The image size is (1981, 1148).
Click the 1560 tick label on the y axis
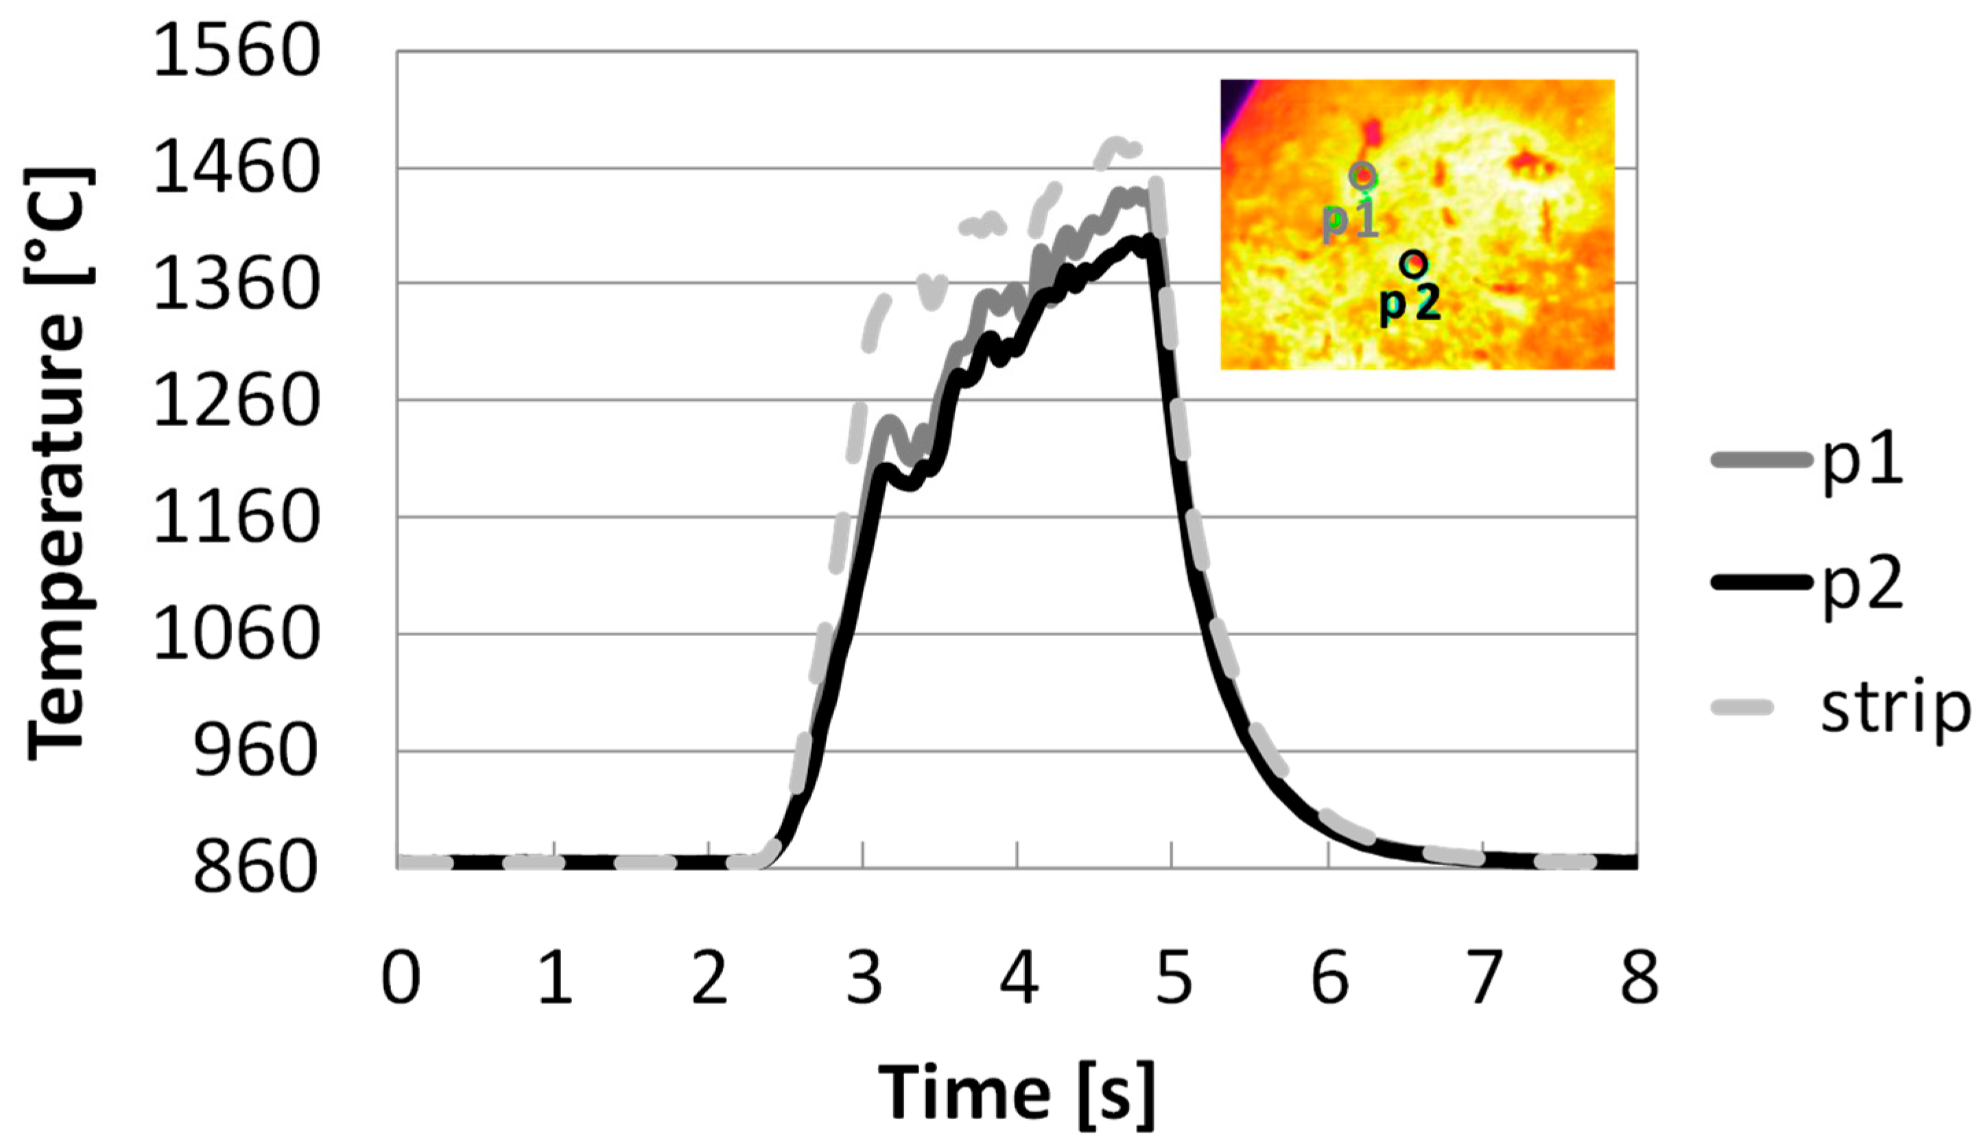pyautogui.click(x=236, y=53)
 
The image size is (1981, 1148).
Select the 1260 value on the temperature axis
pyautogui.click(x=236, y=402)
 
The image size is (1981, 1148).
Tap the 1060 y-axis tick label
pyautogui.click(x=236, y=635)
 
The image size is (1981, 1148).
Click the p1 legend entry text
pyautogui.click(x=1862, y=465)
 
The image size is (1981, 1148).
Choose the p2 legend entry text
pyautogui.click(x=1862, y=586)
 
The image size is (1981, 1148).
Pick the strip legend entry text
pyautogui.click(x=1895, y=708)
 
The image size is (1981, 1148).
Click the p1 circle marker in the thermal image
pyautogui.click(x=1363, y=174)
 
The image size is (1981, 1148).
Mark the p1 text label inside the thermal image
pyautogui.click(x=1350, y=221)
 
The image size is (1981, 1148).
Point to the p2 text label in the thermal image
pyautogui.click(x=1410, y=304)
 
